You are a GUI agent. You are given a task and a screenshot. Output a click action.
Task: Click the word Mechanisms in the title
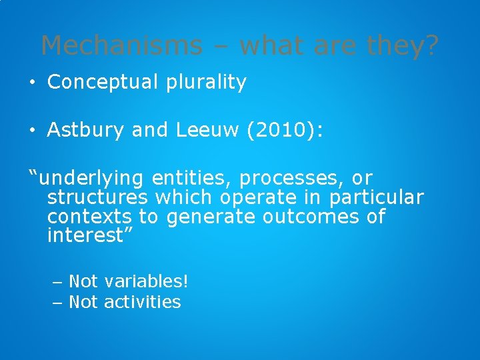point(121,45)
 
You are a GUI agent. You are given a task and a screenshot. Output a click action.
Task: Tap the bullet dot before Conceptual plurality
point(33,83)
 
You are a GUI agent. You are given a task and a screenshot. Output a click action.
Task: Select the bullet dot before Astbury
point(33,130)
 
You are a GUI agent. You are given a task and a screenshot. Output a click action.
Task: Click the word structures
point(98,198)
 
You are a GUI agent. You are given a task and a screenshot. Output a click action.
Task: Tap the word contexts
point(90,217)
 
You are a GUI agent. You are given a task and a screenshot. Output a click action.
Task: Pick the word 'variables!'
point(146,281)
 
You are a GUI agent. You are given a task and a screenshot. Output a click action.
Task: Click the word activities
point(142,302)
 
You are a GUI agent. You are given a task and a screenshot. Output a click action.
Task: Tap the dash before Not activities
point(57,302)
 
